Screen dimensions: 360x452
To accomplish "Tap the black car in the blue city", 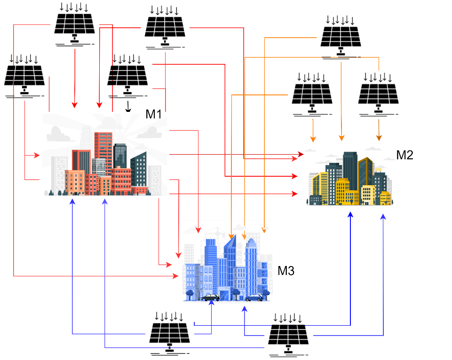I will click(210, 297).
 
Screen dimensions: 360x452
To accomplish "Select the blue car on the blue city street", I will click(254, 297).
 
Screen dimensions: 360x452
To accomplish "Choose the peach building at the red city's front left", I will click(74, 182).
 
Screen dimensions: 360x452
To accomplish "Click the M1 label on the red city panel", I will click(154, 115).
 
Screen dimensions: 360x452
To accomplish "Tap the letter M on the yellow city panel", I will click(399, 155).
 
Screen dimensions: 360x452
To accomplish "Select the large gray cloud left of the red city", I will click(58, 134).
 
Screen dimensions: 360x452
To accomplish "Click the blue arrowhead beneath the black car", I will click(211, 303).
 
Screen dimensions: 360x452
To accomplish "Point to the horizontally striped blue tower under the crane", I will click(211, 263).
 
